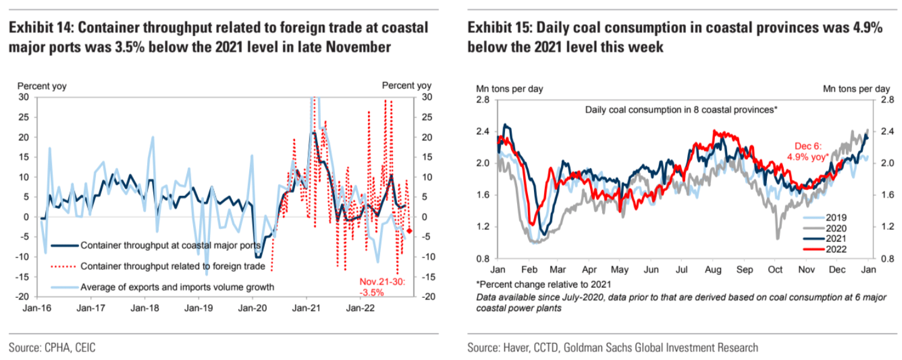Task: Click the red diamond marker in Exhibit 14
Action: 409,231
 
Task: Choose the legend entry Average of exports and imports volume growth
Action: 177,286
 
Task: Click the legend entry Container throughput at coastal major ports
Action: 170,245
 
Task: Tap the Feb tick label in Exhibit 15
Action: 529,270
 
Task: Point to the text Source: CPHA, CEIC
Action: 52,347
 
